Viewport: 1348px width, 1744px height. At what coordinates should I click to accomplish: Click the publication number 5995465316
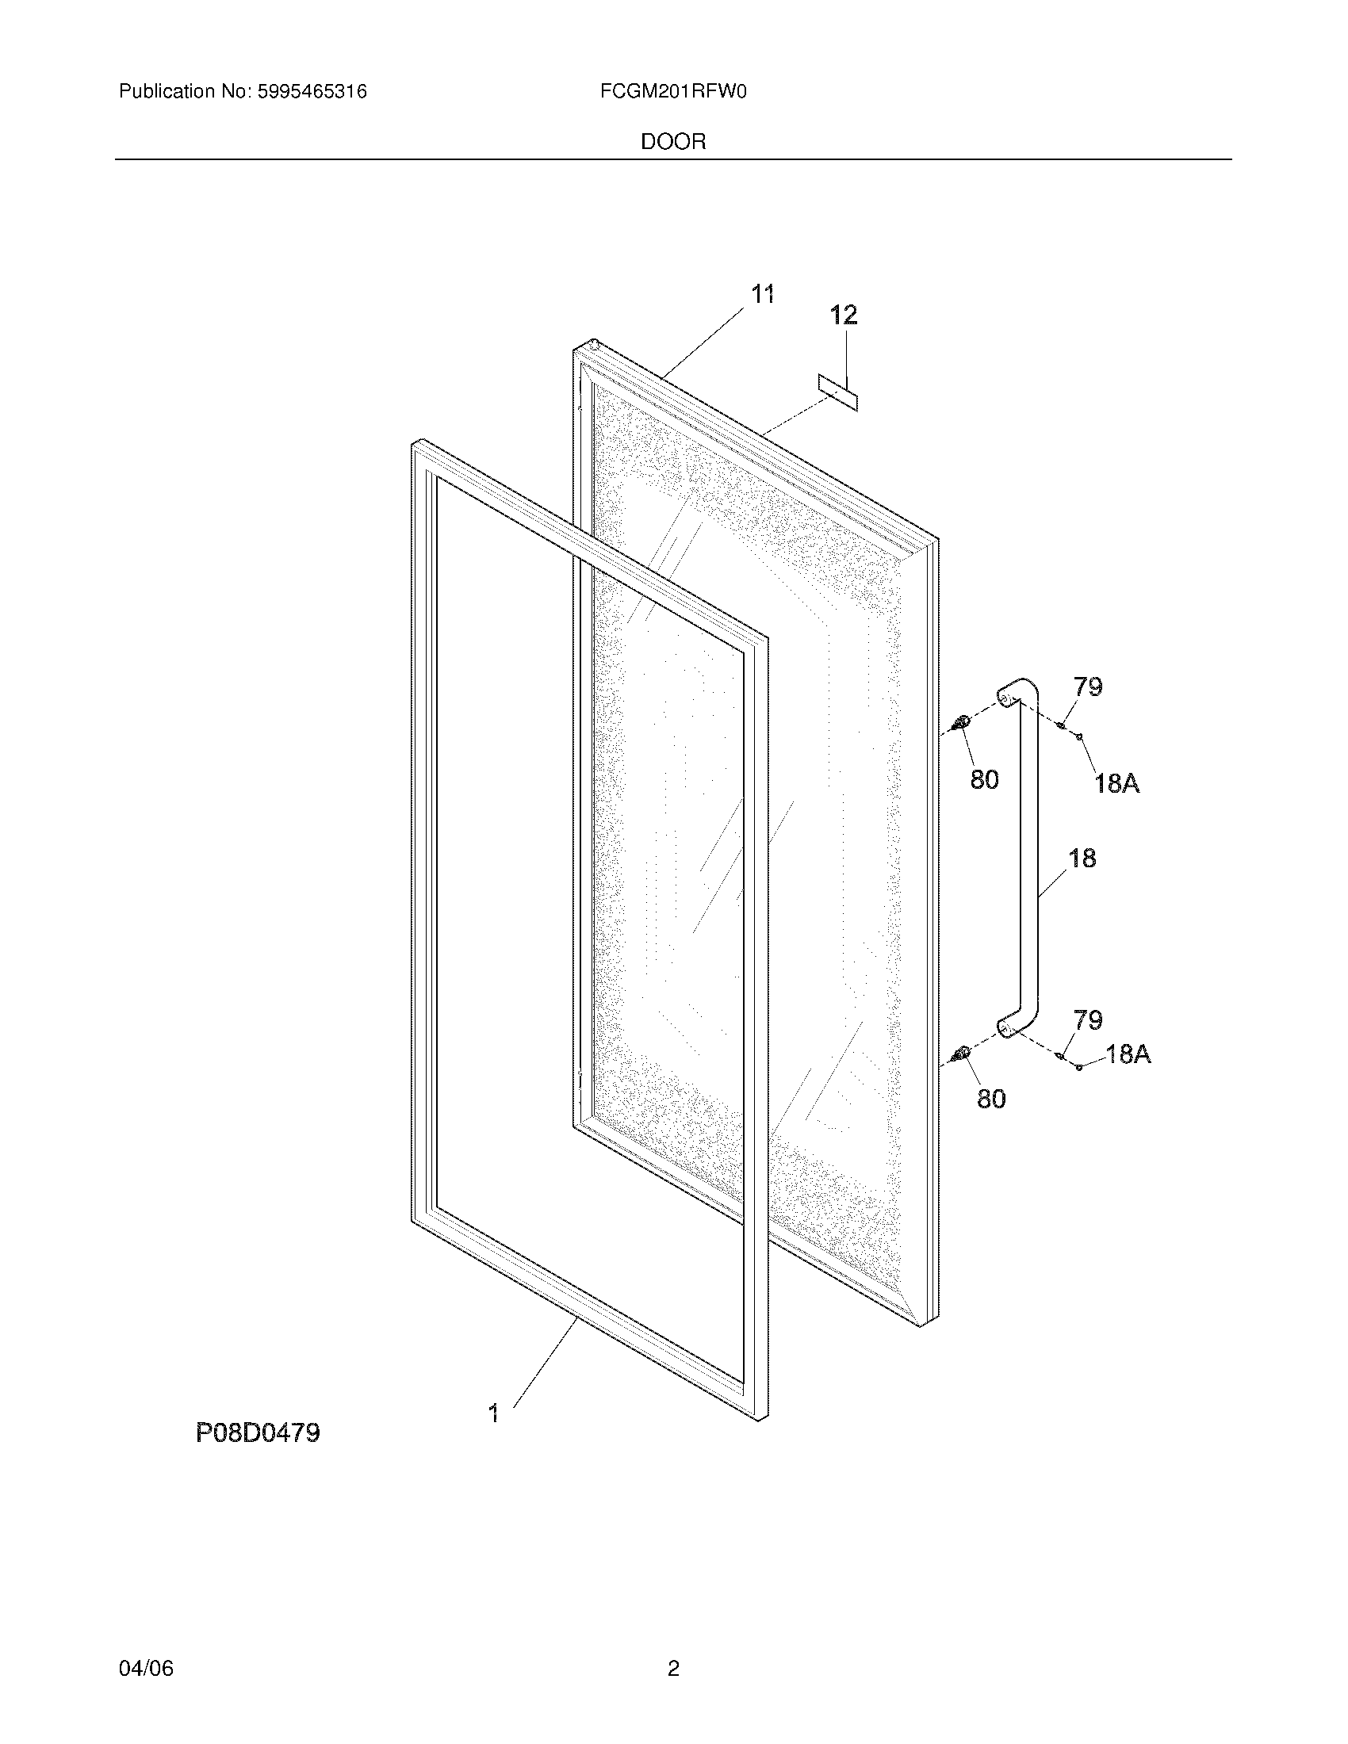click(x=312, y=92)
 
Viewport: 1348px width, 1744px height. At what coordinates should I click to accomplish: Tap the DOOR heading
click(x=673, y=142)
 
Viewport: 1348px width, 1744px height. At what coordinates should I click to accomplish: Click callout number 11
click(x=763, y=295)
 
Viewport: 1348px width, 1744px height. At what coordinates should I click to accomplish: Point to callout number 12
click(x=844, y=315)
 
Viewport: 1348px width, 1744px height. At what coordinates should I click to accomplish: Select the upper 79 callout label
click(x=1088, y=687)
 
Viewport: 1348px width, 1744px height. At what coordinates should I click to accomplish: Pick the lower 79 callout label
click(x=1088, y=1019)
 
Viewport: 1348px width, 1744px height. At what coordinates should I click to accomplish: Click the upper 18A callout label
click(x=1116, y=784)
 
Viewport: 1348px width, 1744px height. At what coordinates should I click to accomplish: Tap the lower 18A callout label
click(x=1128, y=1054)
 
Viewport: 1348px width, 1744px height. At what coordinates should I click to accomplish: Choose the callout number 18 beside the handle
click(x=1082, y=858)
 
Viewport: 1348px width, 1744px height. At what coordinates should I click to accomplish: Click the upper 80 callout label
click(x=985, y=779)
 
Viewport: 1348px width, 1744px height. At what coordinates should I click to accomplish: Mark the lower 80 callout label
click(x=991, y=1099)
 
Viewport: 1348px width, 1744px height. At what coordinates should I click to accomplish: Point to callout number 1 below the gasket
click(x=494, y=1413)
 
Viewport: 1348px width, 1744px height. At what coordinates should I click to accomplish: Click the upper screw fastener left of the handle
click(x=961, y=724)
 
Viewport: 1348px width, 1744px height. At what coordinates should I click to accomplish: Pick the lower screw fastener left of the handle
click(x=961, y=1056)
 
